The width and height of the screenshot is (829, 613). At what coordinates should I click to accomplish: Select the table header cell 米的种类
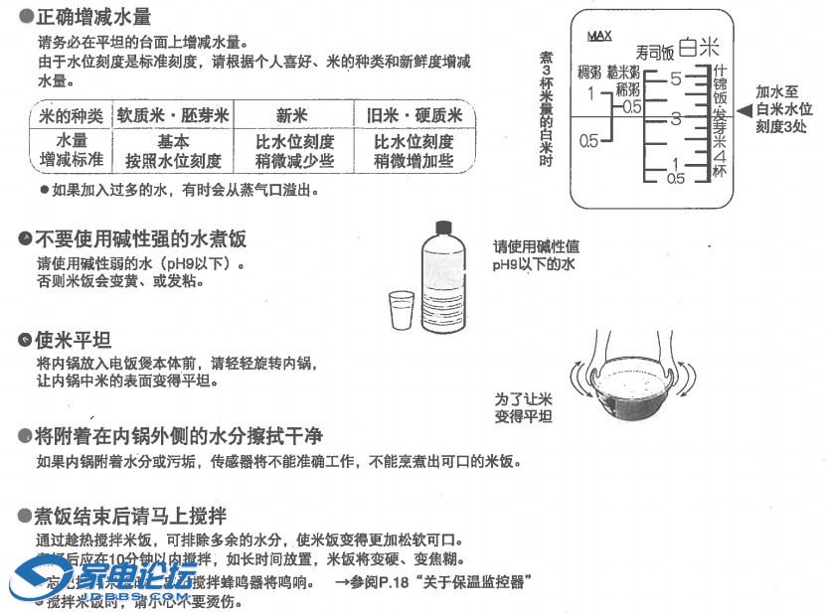pos(71,115)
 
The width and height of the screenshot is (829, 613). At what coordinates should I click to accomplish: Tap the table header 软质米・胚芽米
pos(173,115)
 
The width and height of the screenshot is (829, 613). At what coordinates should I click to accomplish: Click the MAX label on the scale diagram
pos(599,36)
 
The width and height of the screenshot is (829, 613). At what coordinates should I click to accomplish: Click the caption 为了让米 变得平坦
pos(524,407)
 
